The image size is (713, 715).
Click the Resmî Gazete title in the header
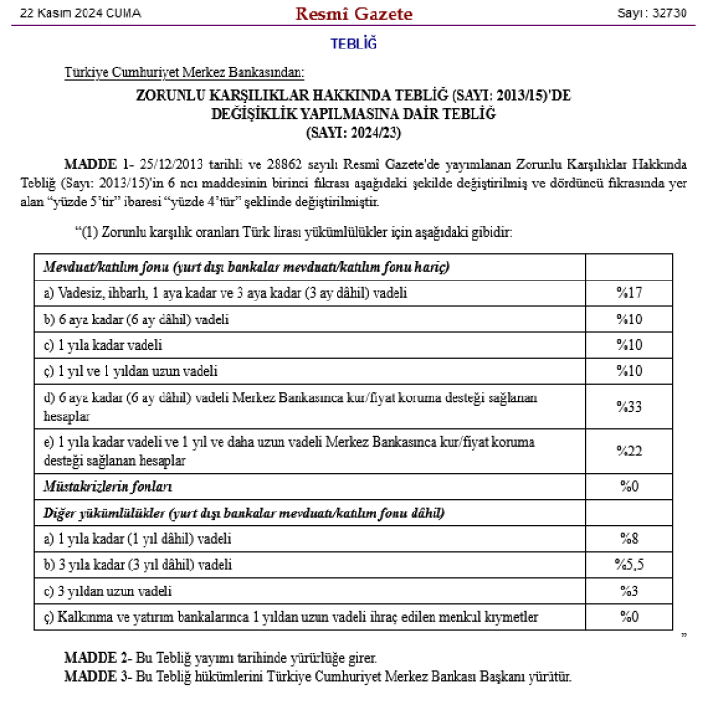coord(354,13)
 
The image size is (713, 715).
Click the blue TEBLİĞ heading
coord(354,44)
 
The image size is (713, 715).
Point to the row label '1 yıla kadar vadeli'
coord(103,344)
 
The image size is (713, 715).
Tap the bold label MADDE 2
coord(98,658)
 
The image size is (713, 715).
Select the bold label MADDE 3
coord(98,676)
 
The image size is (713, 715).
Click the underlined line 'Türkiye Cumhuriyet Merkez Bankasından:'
coord(184,72)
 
